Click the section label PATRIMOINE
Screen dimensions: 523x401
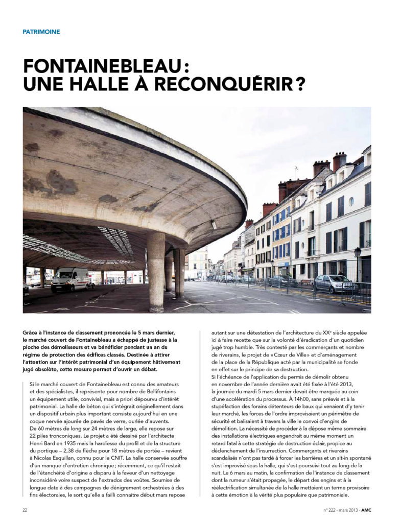click(x=41, y=32)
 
